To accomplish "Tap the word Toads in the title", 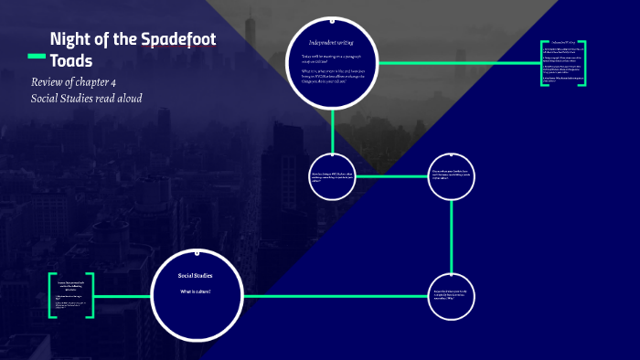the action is tap(70, 60).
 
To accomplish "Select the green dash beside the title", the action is tap(37, 57).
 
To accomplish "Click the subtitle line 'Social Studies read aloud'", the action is tap(86, 98).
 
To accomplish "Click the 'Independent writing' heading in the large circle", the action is tap(331, 42).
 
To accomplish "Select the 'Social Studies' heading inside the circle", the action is tap(195, 275).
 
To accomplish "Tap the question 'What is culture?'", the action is tap(195, 291).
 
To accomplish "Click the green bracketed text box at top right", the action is tap(562, 63).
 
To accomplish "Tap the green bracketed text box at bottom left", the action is tap(71, 295).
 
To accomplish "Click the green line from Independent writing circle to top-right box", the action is tap(457, 62).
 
